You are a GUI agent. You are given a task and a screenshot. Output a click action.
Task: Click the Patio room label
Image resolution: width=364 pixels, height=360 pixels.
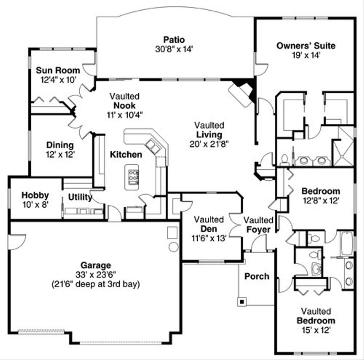(174, 39)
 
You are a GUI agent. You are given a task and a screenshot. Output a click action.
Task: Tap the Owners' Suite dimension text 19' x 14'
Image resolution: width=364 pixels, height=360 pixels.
(306, 55)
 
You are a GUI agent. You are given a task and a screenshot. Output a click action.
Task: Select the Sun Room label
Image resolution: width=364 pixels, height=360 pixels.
(58, 70)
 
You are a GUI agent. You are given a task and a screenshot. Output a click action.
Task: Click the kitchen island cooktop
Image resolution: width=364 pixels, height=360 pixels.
(134, 176)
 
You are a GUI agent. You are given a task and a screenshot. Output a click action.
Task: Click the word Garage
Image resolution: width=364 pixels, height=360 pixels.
(95, 265)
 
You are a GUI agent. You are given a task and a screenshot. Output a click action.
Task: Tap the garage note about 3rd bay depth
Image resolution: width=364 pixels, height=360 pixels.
(95, 284)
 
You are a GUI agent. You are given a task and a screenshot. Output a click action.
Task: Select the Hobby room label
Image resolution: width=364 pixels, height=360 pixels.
(35, 195)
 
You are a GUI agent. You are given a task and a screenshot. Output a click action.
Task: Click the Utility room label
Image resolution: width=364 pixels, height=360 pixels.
(80, 197)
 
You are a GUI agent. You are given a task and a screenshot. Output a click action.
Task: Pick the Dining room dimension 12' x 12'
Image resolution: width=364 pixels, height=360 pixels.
(60, 154)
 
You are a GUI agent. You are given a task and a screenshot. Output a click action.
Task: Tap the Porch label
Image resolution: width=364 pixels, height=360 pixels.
(257, 276)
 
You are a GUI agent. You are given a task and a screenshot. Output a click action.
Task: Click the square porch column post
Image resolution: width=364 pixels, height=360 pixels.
(242, 302)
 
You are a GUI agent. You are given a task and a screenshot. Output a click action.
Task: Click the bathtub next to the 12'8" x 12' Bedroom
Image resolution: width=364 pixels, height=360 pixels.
(347, 244)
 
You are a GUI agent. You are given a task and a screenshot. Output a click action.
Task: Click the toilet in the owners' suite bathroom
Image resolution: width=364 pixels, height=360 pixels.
(284, 160)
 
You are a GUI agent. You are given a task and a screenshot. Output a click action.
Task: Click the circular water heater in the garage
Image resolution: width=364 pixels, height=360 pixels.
(173, 247)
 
